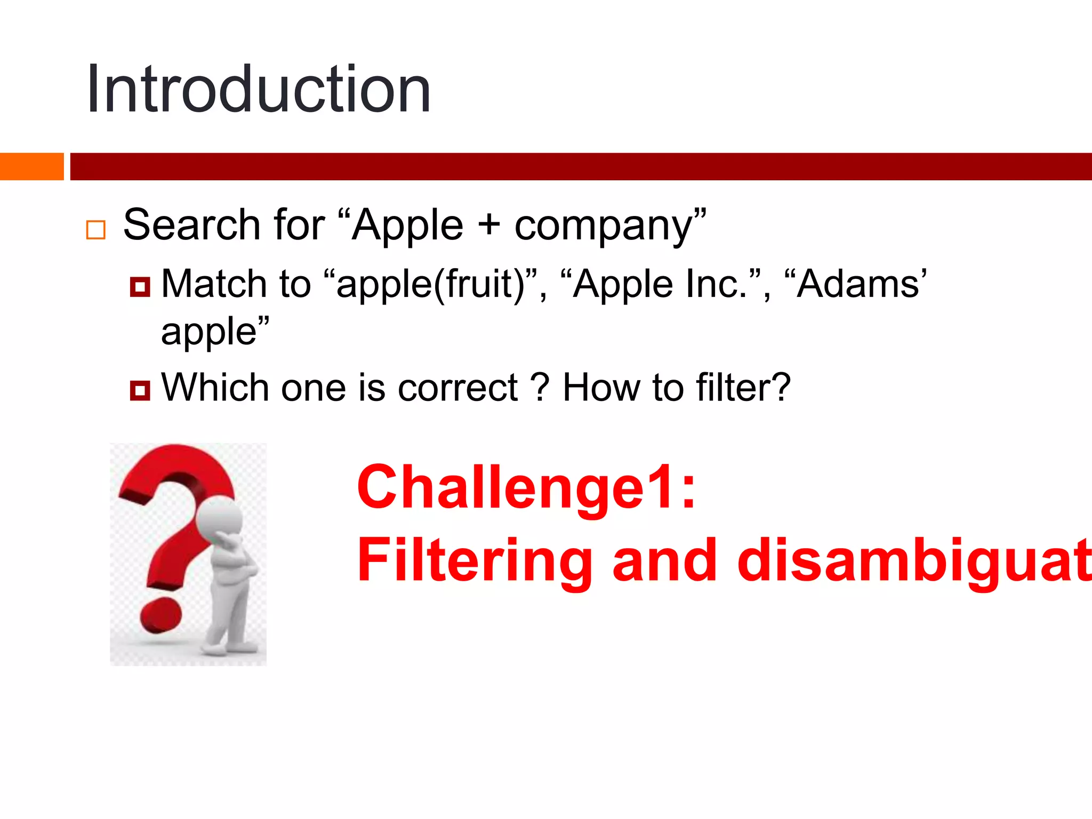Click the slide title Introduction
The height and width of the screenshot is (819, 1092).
(x=259, y=90)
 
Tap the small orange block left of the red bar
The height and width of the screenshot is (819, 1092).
(x=31, y=166)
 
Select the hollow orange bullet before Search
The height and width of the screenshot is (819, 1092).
(x=96, y=230)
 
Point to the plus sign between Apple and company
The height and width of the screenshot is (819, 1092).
(x=488, y=224)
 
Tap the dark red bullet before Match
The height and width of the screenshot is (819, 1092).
(x=140, y=287)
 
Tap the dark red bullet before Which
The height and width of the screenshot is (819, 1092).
(x=140, y=390)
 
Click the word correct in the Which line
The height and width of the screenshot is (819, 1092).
(x=457, y=388)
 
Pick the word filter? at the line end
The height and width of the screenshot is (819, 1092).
(x=743, y=388)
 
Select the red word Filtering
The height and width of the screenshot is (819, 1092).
(x=475, y=560)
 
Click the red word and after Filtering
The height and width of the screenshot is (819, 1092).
(x=664, y=560)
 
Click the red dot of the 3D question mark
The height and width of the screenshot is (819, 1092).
(x=161, y=615)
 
